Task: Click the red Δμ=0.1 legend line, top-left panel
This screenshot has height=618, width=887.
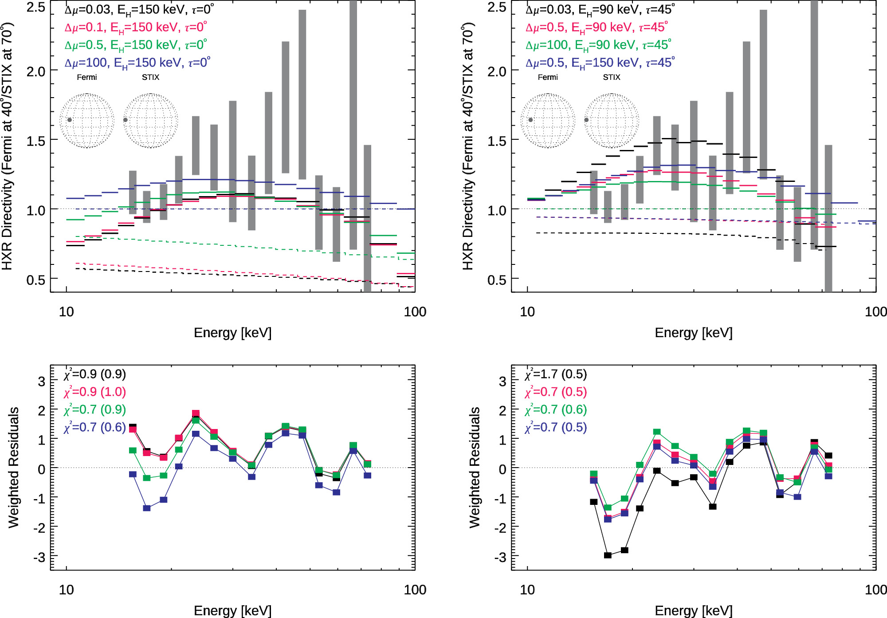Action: click(x=135, y=28)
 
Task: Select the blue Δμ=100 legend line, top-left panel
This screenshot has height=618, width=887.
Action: click(x=137, y=63)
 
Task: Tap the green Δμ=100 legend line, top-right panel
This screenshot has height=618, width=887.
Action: click(x=598, y=45)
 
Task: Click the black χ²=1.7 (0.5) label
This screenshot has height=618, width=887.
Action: click(x=556, y=374)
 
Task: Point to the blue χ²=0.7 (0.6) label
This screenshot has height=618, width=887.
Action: click(x=95, y=428)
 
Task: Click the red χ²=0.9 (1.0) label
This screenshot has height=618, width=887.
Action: click(x=95, y=392)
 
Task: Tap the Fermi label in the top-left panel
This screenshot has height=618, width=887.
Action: click(x=86, y=77)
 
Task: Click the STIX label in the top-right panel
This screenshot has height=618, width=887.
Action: click(x=611, y=77)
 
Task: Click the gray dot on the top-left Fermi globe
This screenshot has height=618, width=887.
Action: click(x=70, y=120)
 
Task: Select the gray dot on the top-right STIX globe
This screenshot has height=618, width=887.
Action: click(x=586, y=120)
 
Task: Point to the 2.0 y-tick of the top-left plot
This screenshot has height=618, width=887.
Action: click(x=36, y=71)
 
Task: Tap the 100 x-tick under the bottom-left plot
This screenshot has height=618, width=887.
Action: click(x=415, y=590)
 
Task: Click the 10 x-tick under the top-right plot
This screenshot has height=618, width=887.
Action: click(x=527, y=312)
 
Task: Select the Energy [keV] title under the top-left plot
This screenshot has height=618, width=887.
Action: click(x=232, y=333)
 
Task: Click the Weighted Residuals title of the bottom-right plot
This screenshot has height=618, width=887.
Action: click(x=475, y=467)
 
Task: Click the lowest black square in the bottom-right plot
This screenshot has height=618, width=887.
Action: click(x=608, y=555)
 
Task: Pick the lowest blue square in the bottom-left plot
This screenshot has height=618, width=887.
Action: click(x=147, y=508)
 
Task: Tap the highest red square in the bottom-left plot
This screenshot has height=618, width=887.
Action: click(x=196, y=413)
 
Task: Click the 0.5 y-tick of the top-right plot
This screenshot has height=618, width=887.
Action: click(x=497, y=280)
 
